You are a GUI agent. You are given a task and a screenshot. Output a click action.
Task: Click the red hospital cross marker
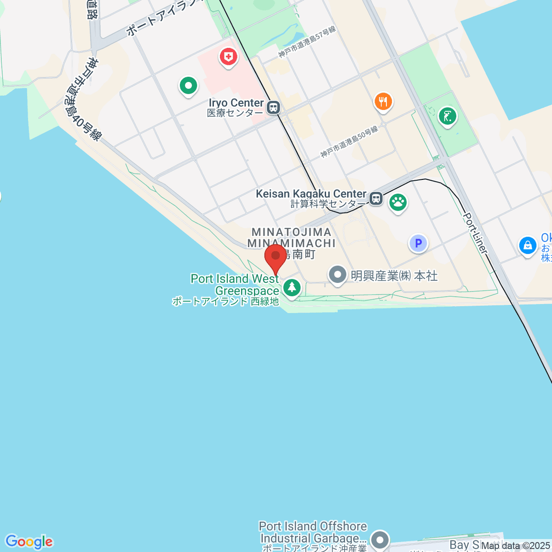coord(228,57)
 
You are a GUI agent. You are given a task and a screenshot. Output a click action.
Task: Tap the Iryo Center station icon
coord(274,108)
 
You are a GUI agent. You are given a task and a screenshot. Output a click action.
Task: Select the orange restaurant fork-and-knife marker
coord(383,101)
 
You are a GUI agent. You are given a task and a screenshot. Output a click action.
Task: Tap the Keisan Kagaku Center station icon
coord(376,199)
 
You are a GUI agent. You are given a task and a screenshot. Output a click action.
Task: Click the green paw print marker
coord(398,202)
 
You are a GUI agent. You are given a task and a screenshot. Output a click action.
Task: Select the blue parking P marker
coord(418,243)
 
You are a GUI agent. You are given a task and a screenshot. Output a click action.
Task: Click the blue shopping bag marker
coord(528,245)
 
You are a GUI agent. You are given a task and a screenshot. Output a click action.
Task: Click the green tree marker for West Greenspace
coord(292,288)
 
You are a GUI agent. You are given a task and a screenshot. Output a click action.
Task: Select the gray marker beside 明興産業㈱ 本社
coord(338,275)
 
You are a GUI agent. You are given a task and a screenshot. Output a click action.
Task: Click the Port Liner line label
coord(475,233)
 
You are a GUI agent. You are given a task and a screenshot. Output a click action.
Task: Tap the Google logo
coord(29,541)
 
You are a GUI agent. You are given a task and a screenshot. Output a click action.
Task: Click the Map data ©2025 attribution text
coord(515,546)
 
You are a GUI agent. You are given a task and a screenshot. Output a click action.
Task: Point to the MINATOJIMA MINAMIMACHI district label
coord(292,238)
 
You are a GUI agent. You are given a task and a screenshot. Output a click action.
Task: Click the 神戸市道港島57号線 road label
coord(307,41)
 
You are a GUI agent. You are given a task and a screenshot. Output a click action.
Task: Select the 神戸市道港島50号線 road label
coord(349,141)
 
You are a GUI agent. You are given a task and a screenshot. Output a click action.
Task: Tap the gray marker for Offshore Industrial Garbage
coord(380,539)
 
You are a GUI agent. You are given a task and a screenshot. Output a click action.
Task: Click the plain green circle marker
coord(188,85)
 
